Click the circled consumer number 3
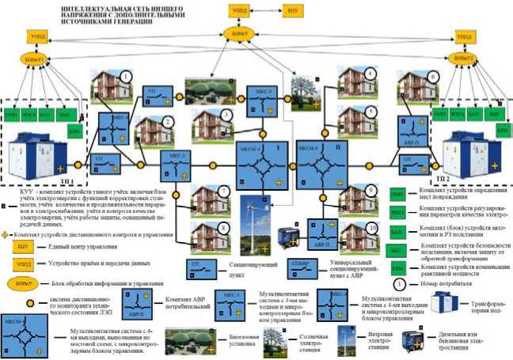coord(227,115)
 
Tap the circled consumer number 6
coord(433,77)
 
